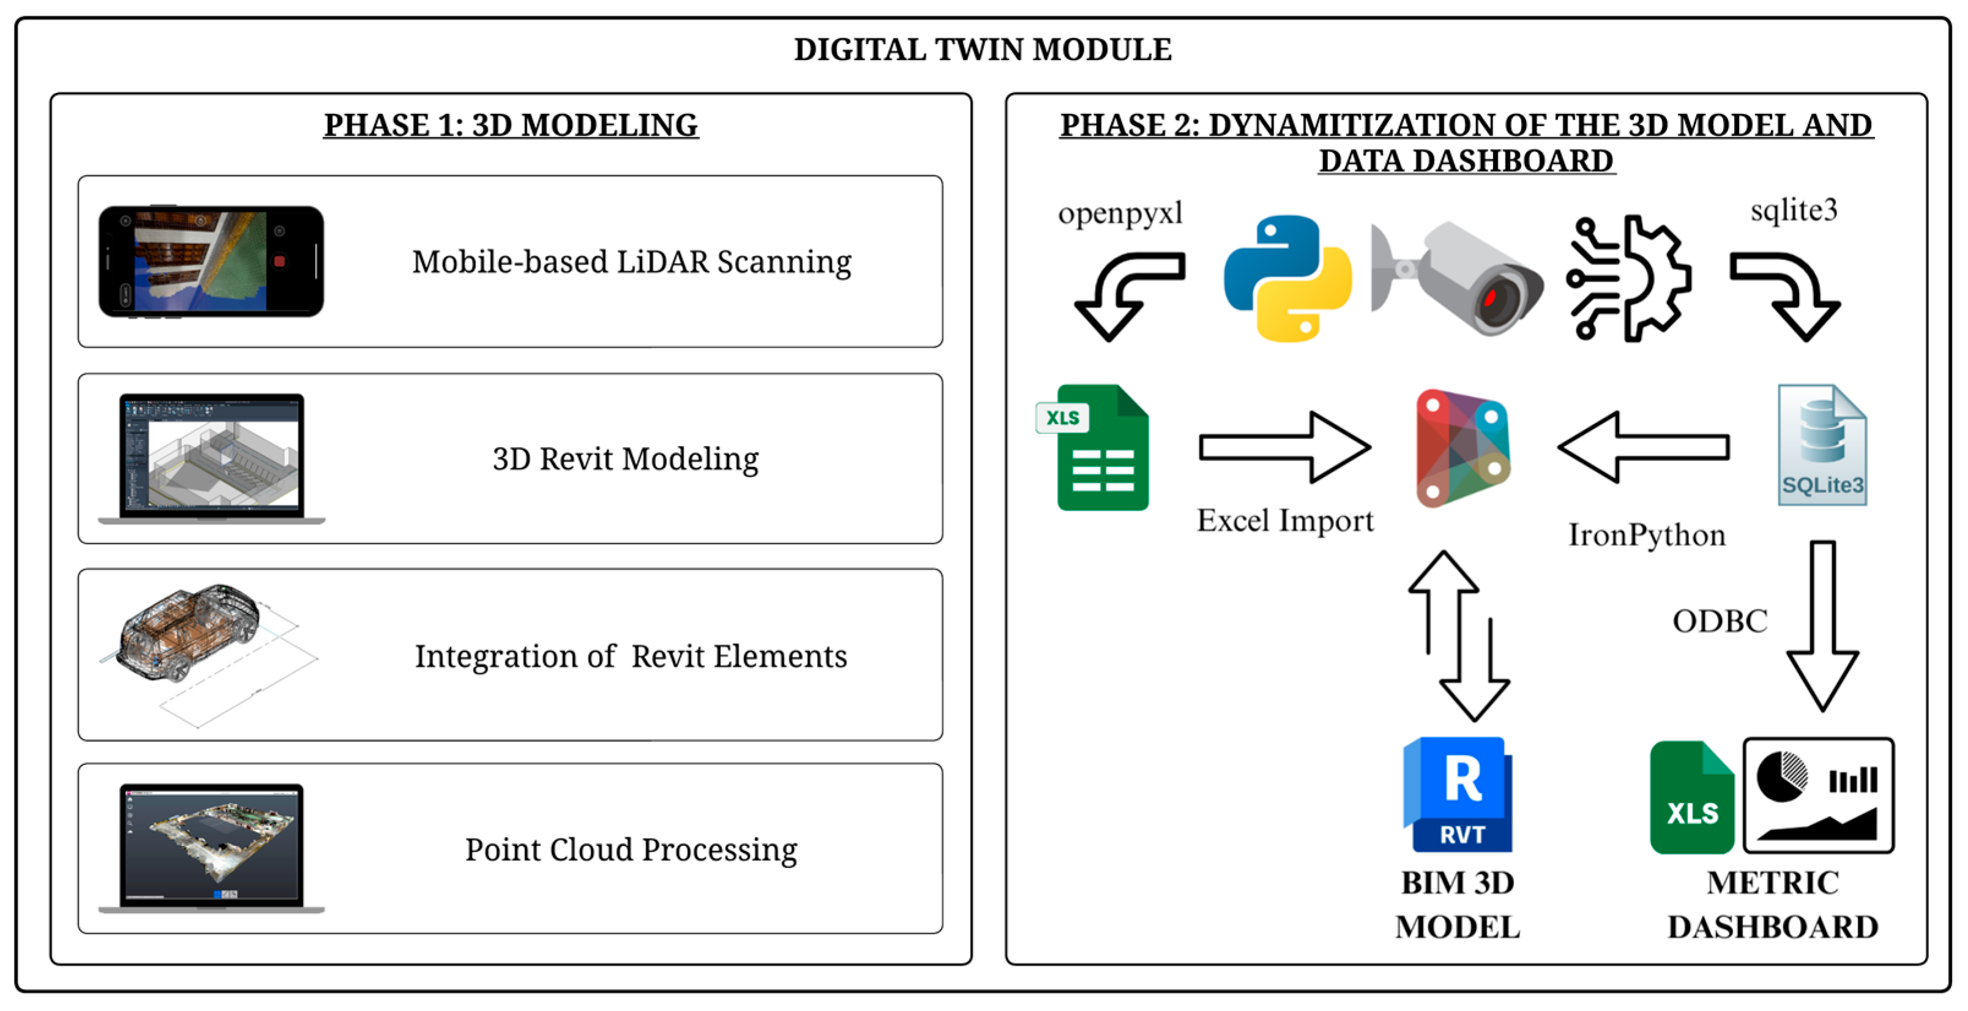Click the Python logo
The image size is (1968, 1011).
click(1288, 278)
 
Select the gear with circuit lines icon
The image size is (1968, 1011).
click(1628, 278)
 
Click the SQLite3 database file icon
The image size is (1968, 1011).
click(1822, 445)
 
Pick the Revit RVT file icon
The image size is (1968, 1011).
click(1458, 795)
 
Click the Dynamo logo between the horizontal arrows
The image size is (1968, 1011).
click(1463, 448)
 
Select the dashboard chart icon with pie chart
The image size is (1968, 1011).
click(1818, 796)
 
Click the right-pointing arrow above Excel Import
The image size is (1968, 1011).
click(1285, 447)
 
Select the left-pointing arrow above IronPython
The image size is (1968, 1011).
click(1643, 447)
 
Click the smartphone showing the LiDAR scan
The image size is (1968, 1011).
click(211, 261)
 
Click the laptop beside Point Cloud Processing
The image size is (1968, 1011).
click(212, 848)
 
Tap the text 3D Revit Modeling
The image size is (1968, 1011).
click(625, 458)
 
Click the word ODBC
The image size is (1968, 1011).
click(1720, 621)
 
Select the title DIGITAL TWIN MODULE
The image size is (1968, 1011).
click(983, 50)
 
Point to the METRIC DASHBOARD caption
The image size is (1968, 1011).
click(1772, 905)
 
